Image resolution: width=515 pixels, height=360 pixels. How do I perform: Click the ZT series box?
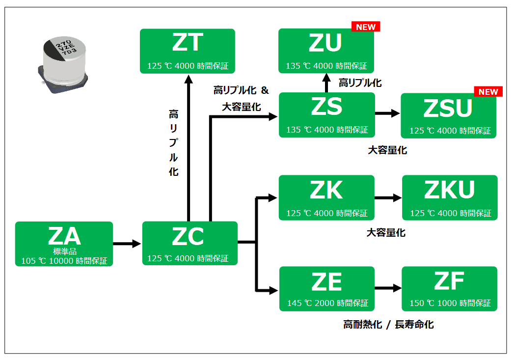point(187,51)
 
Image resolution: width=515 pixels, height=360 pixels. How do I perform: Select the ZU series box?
point(326,51)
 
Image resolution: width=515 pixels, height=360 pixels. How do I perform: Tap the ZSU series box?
point(448,115)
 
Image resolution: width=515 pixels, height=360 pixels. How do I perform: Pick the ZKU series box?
point(450,197)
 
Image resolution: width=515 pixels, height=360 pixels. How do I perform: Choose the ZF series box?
point(449,289)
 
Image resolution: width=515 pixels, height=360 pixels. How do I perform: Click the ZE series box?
point(327,289)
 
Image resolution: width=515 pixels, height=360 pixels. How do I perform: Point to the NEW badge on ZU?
point(366,27)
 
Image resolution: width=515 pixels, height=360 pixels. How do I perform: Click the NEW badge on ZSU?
point(488,92)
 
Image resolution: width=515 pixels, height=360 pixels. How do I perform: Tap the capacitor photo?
point(63,65)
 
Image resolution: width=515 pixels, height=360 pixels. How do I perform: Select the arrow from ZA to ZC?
point(127,244)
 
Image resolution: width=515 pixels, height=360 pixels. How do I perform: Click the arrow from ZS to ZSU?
point(387,113)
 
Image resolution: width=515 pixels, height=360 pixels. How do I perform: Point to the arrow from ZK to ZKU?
point(388,198)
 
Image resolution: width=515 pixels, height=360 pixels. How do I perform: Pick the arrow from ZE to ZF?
point(388,288)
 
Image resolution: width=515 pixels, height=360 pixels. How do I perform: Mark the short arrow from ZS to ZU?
point(326,83)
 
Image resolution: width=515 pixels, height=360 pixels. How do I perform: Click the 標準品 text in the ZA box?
point(65,251)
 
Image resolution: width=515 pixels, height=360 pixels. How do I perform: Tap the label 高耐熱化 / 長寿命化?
point(388,325)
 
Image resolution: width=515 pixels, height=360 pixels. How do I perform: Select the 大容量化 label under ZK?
point(386,233)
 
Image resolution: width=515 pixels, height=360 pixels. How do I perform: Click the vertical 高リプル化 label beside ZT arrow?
point(173,143)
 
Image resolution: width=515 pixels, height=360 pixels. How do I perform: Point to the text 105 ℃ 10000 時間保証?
point(64,261)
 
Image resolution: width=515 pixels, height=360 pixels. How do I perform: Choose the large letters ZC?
point(188,237)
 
